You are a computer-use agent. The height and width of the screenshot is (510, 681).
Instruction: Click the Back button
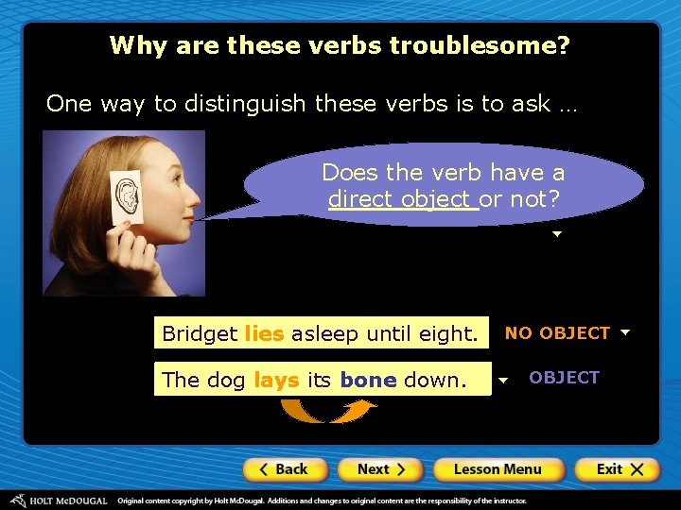(x=285, y=469)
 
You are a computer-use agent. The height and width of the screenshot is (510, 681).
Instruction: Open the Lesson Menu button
(x=498, y=469)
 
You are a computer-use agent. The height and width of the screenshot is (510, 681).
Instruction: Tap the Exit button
(x=620, y=469)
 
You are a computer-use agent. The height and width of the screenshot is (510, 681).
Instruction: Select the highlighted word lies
(x=264, y=333)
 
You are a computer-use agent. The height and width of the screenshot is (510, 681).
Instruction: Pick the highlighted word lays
(x=277, y=380)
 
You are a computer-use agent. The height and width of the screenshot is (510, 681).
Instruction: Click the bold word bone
(x=368, y=380)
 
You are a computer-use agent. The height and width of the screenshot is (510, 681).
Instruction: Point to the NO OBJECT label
(x=557, y=332)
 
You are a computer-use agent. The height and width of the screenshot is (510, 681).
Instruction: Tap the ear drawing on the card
(x=125, y=196)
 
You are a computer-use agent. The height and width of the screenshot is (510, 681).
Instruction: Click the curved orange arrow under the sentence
(x=329, y=411)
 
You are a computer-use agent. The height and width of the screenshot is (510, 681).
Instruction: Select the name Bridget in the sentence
(x=200, y=333)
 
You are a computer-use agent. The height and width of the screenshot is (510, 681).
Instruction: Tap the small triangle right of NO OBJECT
(x=624, y=332)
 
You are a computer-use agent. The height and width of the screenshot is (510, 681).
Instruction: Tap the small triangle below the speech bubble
(x=557, y=233)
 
